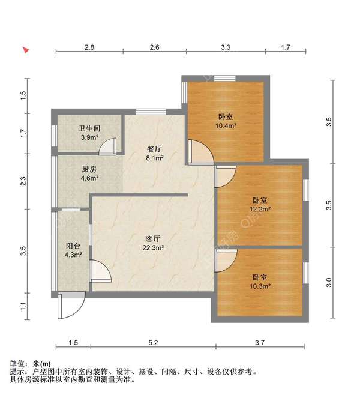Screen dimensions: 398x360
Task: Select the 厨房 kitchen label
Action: pos(89,169)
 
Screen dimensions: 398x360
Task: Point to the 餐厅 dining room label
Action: pos(155,149)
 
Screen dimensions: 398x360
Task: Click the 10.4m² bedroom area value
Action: pos(226,126)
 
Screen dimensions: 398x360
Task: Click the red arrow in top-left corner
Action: pos(26,50)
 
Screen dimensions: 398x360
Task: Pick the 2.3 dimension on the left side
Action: pos(23,180)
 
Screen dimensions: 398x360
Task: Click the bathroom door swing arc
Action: pos(108,146)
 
